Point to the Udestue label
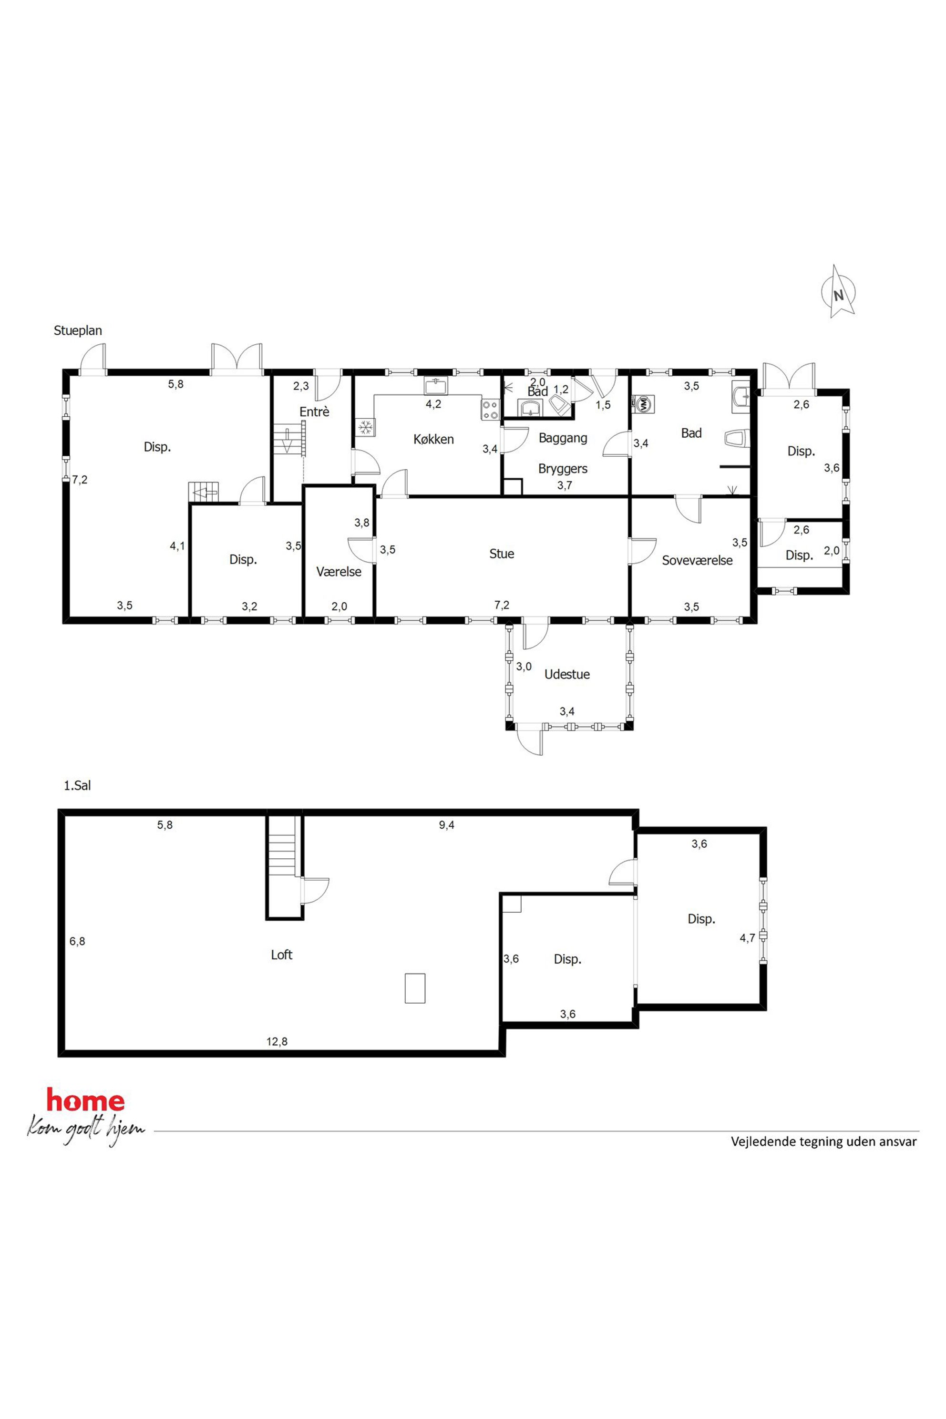tap(566, 675)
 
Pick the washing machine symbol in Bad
tap(643, 403)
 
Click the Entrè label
tap(314, 411)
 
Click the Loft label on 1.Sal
tap(281, 955)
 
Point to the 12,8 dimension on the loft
tap(277, 1041)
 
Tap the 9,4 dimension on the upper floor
tap(446, 825)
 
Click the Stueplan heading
tap(78, 330)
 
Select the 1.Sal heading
tap(77, 785)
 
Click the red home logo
tap(86, 1101)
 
